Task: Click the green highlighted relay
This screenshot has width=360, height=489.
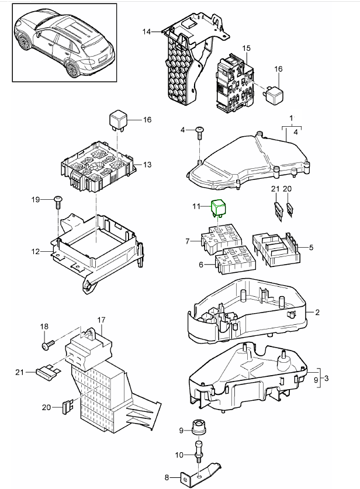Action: pos(220,207)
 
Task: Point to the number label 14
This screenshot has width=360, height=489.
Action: pos(146,31)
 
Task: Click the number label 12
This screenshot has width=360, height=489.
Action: pos(36,252)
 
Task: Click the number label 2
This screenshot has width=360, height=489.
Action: pos(317,313)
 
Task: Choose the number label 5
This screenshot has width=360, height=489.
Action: pos(311,247)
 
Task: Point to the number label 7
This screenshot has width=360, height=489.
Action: pos(188,241)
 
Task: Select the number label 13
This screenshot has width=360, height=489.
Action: pos(147,165)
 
